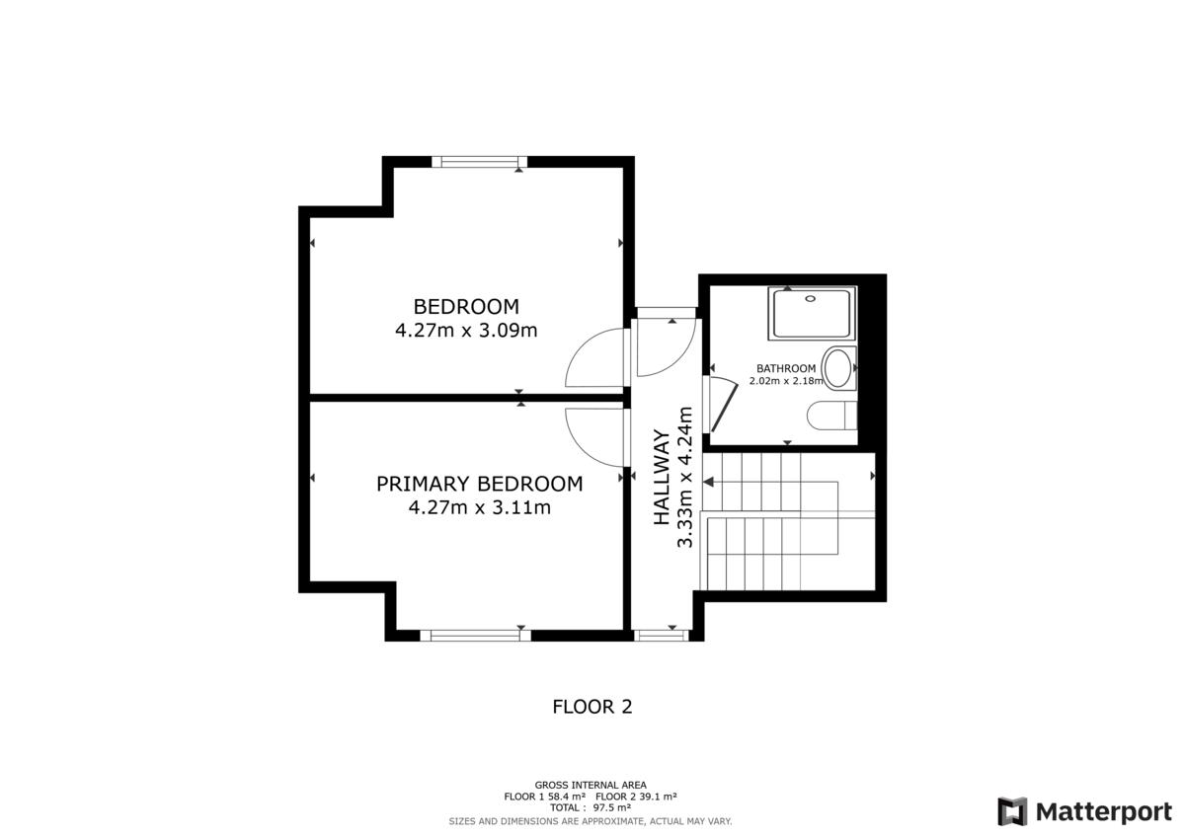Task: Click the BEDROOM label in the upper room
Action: click(466, 307)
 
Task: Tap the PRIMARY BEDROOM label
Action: click(479, 484)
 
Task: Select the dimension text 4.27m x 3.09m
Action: click(466, 331)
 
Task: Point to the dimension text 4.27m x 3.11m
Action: click(479, 507)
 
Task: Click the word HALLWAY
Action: click(662, 477)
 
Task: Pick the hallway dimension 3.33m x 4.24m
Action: click(685, 477)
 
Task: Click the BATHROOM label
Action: click(786, 368)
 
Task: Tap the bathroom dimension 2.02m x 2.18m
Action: click(786, 381)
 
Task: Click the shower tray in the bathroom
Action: click(812, 314)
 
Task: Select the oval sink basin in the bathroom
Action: click(837, 368)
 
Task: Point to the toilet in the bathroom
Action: click(831, 416)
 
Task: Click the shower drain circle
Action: click(811, 299)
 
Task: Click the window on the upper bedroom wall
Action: click(479, 162)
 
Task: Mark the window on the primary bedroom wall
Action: click(476, 636)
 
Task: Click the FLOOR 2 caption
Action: click(592, 707)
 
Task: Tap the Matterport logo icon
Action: click(1012, 811)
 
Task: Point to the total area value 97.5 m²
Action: click(611, 807)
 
